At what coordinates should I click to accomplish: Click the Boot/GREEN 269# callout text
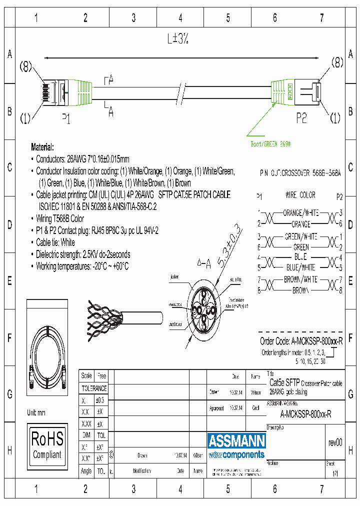(270, 144)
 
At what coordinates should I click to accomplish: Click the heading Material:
(42, 147)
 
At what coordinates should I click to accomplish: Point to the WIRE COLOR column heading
(300, 195)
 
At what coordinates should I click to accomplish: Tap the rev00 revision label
(335, 442)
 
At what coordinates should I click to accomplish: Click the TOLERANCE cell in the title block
(94, 388)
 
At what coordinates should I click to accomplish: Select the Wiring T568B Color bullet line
(59, 218)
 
